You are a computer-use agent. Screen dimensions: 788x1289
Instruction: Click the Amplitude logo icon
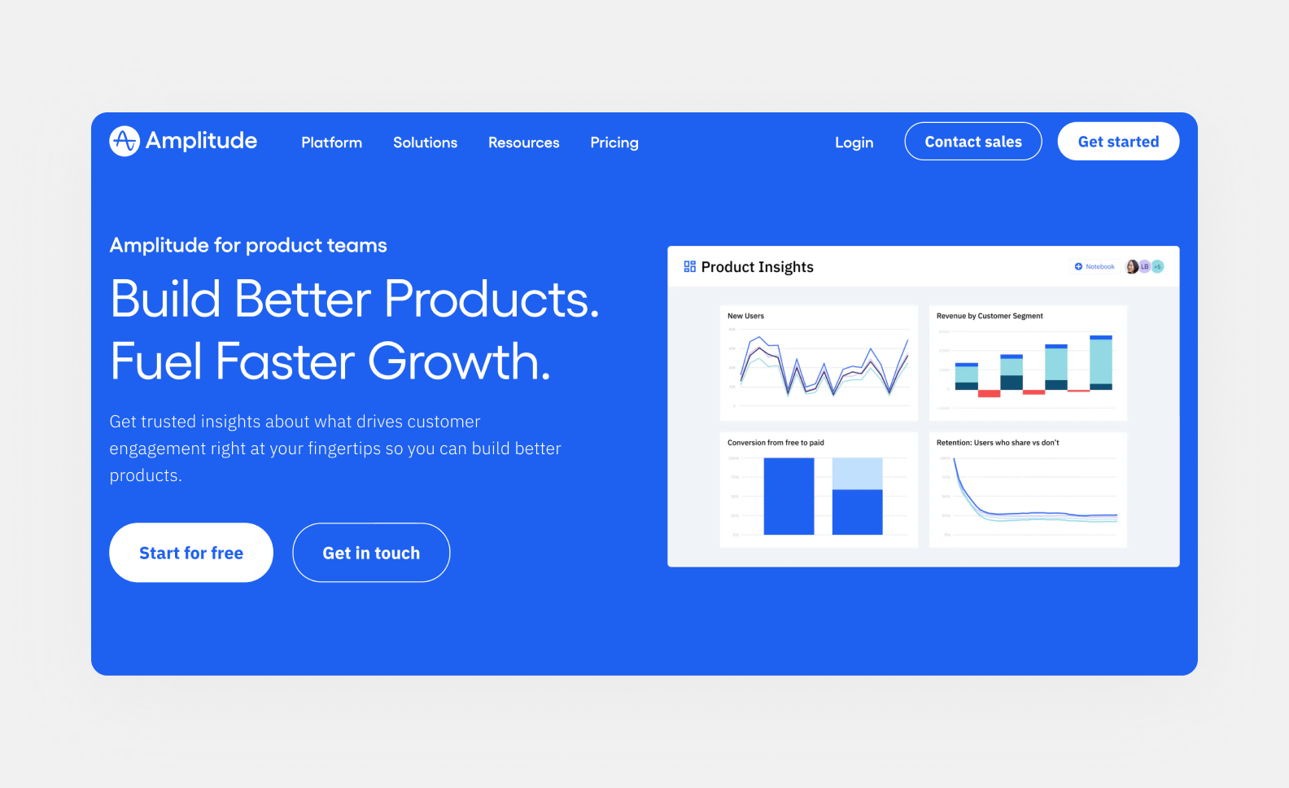[125, 141]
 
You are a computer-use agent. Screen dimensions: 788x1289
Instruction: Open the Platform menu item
[331, 142]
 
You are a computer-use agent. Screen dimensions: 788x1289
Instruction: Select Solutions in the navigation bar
[425, 142]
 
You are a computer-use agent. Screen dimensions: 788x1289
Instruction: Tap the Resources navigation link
[523, 142]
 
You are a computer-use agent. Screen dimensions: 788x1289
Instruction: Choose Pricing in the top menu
[614, 142]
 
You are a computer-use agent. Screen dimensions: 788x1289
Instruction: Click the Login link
[854, 142]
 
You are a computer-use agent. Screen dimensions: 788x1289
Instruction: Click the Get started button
[1118, 142]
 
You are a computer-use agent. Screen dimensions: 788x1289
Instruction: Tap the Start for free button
[191, 553]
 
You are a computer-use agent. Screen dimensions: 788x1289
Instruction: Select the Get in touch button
[371, 553]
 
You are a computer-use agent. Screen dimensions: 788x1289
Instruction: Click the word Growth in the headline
[459, 361]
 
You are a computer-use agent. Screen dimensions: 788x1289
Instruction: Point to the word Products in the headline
[491, 300]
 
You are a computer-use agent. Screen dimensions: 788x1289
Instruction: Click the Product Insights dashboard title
[757, 267]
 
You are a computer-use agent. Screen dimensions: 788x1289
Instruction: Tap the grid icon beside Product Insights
[689, 267]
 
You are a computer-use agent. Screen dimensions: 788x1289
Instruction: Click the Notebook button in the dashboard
[1095, 267]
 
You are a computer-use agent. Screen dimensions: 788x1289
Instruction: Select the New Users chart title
[745, 316]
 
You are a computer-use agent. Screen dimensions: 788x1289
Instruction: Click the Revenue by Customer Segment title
[989, 316]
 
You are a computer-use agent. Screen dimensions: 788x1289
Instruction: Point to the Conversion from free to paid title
[776, 443]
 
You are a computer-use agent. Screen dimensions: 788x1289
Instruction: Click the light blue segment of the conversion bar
[857, 474]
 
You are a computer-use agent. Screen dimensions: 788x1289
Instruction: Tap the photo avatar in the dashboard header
[1131, 267]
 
